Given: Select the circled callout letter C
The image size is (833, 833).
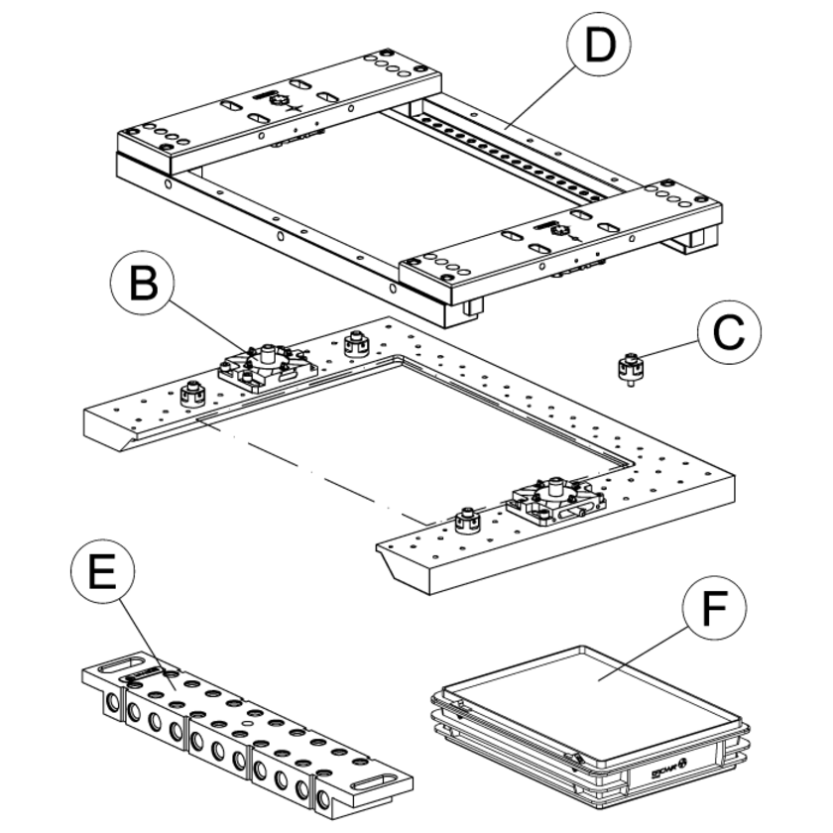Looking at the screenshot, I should pos(729,335).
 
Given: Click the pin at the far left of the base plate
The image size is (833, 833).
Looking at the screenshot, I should pos(190,395).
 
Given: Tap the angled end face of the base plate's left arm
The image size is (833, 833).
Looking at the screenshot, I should pos(109,434).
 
